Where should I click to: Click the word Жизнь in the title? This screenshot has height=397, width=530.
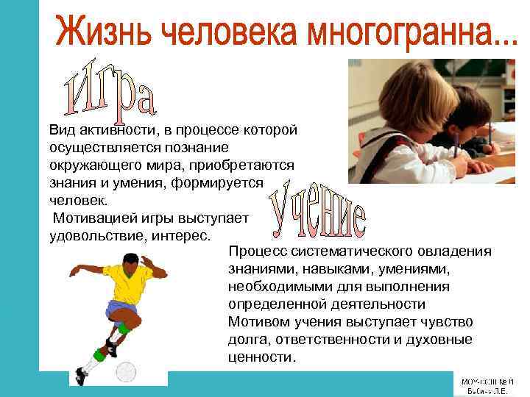click(104, 32)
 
